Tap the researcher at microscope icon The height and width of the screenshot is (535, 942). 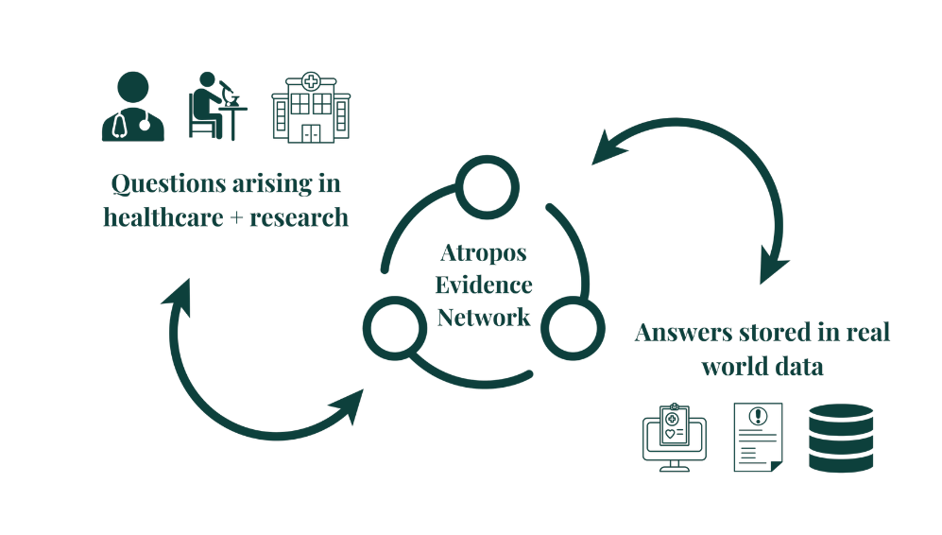pyautogui.click(x=216, y=107)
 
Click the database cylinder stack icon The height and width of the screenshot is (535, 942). pyautogui.click(x=840, y=437)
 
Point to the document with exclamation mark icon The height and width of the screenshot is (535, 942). pyautogui.click(x=757, y=437)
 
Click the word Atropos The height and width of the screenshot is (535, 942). pyautogui.click(x=484, y=253)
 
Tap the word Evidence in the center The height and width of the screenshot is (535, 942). pyautogui.click(x=484, y=285)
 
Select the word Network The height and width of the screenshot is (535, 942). pyautogui.click(x=484, y=317)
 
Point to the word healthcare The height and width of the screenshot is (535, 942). pyautogui.click(x=158, y=217)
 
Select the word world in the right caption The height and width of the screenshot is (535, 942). pyautogui.click(x=732, y=367)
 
